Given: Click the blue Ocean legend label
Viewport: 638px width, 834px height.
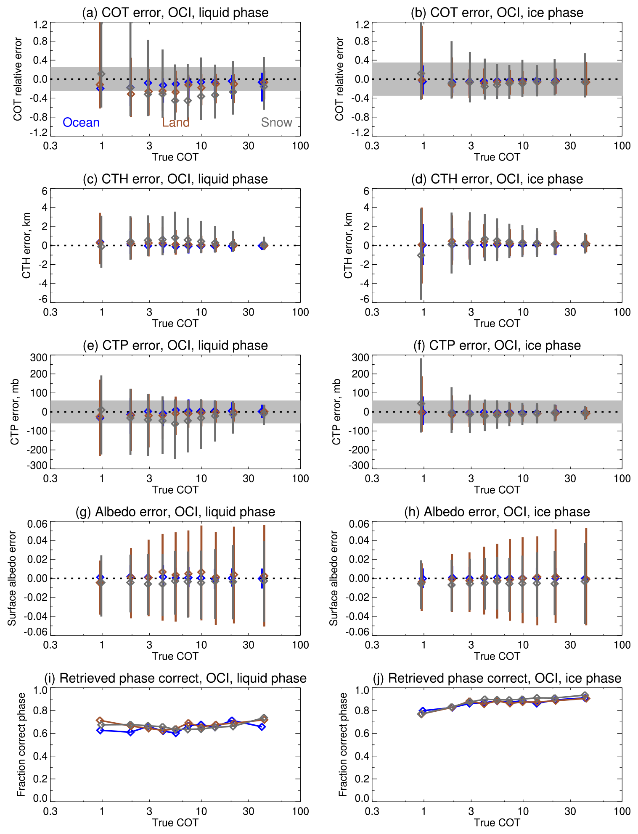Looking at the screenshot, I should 81,122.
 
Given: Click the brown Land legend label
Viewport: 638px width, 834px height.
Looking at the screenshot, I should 176,122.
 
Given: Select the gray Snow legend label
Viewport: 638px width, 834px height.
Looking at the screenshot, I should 276,122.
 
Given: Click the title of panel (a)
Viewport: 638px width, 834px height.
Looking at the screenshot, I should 175,13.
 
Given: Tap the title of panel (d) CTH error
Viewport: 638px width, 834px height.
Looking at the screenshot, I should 497,179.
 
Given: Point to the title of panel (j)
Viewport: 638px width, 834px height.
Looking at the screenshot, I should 497,678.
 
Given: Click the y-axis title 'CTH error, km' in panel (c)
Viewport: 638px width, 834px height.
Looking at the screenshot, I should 26,245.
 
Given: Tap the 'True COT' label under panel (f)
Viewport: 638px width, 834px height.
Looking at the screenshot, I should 497,490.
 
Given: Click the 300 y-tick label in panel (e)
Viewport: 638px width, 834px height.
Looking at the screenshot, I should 38,358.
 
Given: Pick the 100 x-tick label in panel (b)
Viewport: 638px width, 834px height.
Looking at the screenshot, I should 622,146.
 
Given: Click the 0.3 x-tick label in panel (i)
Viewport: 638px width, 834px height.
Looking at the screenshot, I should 50,811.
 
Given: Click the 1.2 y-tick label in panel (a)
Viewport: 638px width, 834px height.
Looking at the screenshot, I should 41,25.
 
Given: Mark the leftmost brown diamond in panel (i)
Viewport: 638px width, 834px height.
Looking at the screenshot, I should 100,721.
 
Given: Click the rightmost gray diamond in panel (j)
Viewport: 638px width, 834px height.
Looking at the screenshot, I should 585,696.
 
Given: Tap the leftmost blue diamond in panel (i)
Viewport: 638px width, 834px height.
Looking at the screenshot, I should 100,730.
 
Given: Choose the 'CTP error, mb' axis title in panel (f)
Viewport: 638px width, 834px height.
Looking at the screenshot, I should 336,412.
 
